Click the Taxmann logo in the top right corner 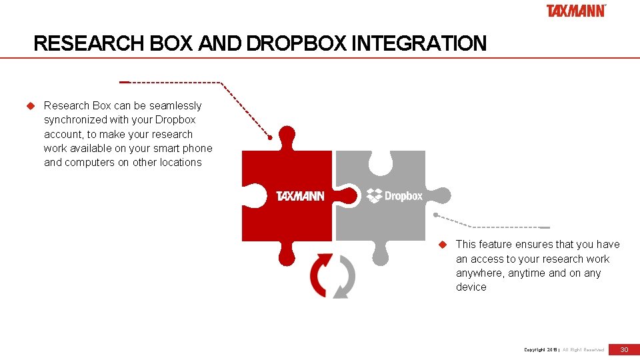pos(576,11)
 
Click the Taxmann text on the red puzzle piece pos(300,196)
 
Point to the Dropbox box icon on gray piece pos(374,195)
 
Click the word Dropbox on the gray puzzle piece pos(403,196)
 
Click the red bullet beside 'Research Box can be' pos(29,106)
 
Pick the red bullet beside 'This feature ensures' pos(441,245)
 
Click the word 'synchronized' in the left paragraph pos(75,120)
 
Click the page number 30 pos(625,349)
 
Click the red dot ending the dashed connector pos(270,138)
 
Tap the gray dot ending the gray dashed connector pos(435,215)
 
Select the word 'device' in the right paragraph pos(471,287)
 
